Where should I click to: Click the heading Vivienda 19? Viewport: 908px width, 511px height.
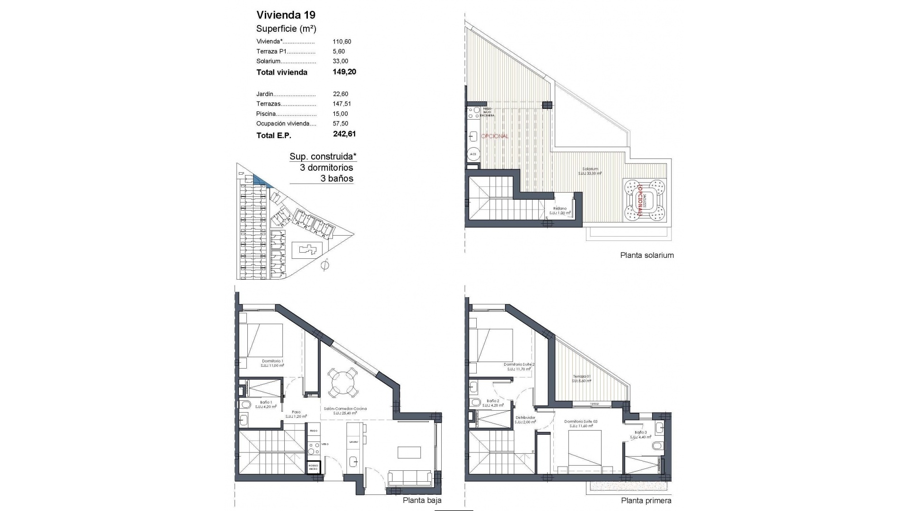tap(286, 15)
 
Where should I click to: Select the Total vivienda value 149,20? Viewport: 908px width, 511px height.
tap(344, 72)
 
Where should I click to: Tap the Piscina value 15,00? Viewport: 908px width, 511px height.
tap(340, 114)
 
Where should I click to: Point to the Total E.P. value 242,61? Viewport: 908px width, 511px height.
tap(344, 134)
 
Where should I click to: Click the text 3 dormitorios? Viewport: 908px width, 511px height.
tap(326, 168)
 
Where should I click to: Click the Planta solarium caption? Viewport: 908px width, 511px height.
tap(646, 255)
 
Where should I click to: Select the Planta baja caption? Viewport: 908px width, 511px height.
tap(422, 501)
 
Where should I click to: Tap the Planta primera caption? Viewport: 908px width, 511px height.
tap(646, 501)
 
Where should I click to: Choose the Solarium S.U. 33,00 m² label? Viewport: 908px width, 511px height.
tap(591, 171)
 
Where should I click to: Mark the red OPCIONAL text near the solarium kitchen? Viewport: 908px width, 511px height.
tap(495, 136)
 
